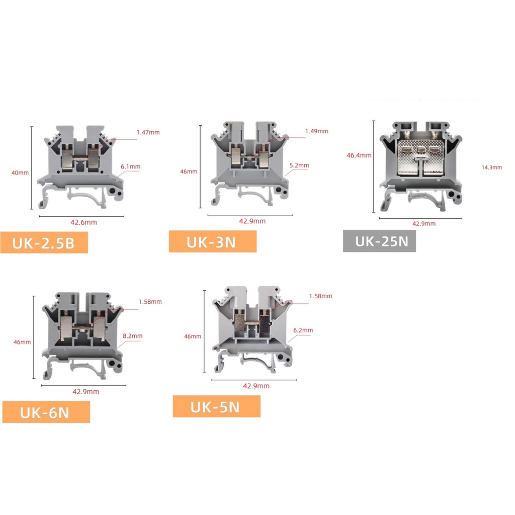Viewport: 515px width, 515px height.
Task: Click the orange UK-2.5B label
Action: (x=44, y=242)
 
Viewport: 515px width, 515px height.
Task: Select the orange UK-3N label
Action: (x=213, y=241)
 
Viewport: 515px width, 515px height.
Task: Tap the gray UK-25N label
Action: (x=379, y=241)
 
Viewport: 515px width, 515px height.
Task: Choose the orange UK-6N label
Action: (x=46, y=412)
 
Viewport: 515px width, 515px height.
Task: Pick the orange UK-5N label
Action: (x=216, y=406)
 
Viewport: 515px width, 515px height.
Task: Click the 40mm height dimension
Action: (x=20, y=173)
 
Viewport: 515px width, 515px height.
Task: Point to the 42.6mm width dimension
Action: (x=84, y=222)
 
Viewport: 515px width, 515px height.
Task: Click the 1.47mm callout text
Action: (x=148, y=132)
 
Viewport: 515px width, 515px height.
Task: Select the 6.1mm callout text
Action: (x=130, y=166)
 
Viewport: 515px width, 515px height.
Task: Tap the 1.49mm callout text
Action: (x=317, y=131)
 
